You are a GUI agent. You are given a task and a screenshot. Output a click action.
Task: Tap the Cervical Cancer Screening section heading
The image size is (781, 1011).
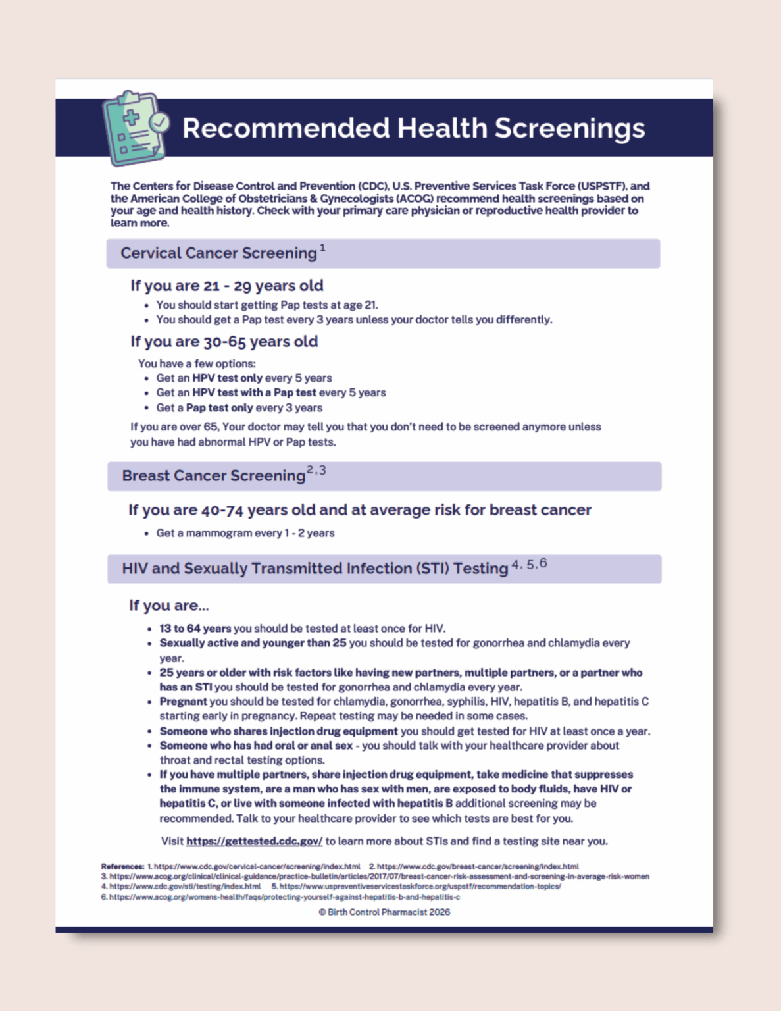click(218, 253)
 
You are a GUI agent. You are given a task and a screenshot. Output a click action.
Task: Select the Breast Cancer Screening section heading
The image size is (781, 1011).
click(214, 476)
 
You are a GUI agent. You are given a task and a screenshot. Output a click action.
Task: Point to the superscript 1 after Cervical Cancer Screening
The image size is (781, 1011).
click(322, 248)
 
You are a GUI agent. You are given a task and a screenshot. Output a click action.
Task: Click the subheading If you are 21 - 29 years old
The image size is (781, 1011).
click(226, 286)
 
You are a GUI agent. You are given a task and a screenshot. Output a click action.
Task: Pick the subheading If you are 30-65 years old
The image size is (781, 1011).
click(224, 342)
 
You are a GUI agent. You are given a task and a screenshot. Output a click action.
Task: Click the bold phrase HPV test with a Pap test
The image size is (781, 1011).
click(255, 392)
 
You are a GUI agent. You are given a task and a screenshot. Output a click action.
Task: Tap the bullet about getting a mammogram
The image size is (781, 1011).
click(245, 533)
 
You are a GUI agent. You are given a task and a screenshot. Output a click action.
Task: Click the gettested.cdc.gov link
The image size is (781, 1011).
click(254, 841)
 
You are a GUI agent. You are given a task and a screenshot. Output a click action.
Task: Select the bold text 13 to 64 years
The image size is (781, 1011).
click(195, 629)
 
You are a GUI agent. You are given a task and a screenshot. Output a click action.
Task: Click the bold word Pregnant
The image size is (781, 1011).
click(183, 702)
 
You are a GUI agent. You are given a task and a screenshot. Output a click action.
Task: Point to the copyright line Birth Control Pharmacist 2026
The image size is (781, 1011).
click(384, 912)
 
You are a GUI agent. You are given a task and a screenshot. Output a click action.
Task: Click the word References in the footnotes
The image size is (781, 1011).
click(122, 867)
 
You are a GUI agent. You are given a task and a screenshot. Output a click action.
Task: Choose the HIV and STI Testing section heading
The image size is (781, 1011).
click(315, 569)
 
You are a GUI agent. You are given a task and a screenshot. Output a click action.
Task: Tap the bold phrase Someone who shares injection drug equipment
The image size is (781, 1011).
click(279, 731)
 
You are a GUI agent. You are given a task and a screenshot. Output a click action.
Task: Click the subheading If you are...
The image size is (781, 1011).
click(168, 606)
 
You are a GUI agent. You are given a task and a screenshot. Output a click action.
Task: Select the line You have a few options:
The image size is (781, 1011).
click(197, 363)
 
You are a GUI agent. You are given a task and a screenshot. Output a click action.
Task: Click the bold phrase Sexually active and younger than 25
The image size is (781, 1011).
click(253, 643)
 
